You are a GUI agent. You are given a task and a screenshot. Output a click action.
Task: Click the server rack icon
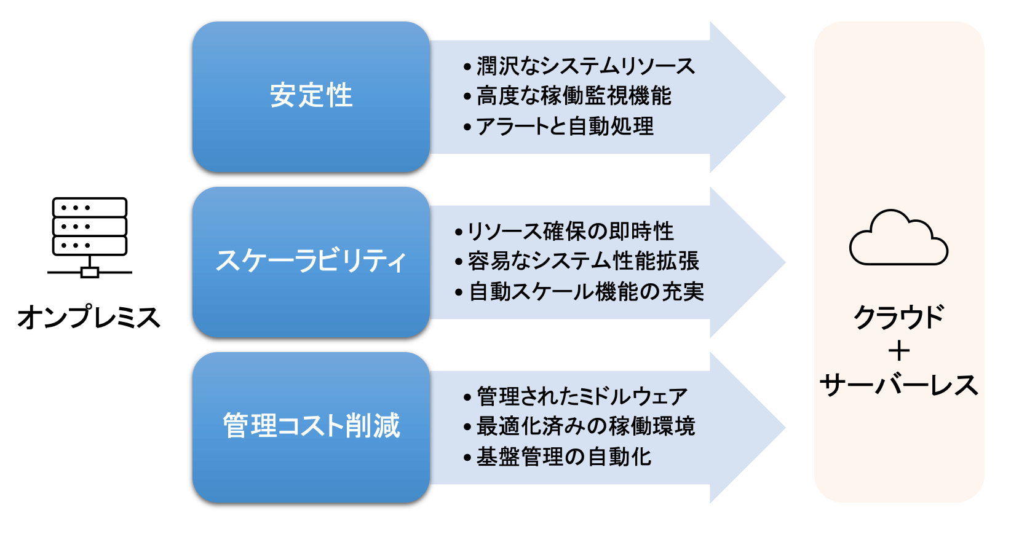pyautogui.click(x=89, y=238)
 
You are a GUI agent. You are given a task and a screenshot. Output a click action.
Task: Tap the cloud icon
pyautogui.click(x=898, y=238)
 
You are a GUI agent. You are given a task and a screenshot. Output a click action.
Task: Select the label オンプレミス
pyautogui.click(x=89, y=318)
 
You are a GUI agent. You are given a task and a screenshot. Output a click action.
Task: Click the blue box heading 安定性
pyautogui.click(x=311, y=96)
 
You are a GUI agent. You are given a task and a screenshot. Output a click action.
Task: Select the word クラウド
pyautogui.click(x=898, y=318)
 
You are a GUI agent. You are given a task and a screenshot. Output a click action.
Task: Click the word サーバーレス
pyautogui.click(x=898, y=385)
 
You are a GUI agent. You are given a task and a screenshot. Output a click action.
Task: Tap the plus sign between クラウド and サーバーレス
pyautogui.click(x=898, y=351)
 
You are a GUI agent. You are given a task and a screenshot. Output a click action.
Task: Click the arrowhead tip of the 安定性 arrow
pyautogui.click(x=785, y=97)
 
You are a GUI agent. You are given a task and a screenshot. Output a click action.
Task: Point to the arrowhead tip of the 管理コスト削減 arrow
pyautogui.click(x=785, y=428)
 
